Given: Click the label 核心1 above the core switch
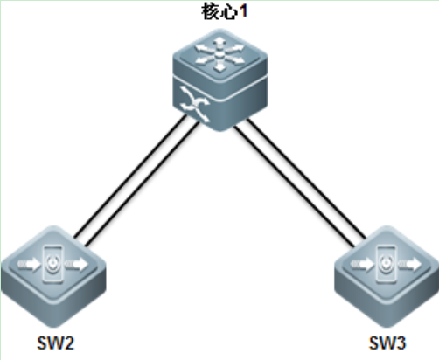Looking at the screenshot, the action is coord(224,12).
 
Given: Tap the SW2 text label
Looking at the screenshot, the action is coord(56,343).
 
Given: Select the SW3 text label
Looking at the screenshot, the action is coord(387,343).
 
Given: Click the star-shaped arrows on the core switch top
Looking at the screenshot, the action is coord(220,53).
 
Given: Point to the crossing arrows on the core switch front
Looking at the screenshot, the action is coord(195,104).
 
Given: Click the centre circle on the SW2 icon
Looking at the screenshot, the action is coord(52,263).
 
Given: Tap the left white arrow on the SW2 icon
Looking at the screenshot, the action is coord(29,264).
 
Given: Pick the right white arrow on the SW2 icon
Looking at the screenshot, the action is coord(76,264).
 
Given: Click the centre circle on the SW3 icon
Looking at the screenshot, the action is coord(387,263).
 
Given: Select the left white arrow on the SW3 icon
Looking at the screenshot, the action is coord(362,264).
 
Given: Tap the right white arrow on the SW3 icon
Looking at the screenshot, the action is coord(410,264).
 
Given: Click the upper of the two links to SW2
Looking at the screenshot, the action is coord(130,176).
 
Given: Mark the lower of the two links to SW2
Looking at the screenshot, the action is coord(143,183).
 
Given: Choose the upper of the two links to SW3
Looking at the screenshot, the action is coord(307,178).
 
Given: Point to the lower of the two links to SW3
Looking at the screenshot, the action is coord(295,186).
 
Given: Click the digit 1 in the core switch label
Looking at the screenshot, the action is coord(242,11).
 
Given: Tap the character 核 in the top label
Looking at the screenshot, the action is coord(210,12).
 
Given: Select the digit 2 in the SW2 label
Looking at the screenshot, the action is coord(68,343).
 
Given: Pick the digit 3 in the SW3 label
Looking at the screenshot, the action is coord(400,343).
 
